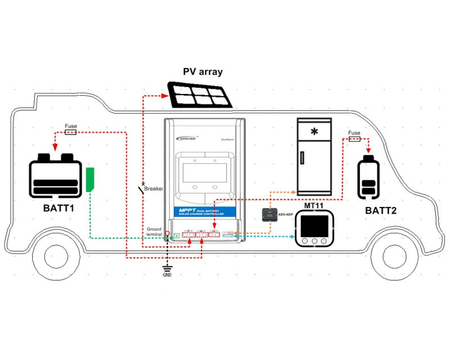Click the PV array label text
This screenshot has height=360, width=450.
coord(203,72)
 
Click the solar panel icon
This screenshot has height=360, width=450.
coord(200,94)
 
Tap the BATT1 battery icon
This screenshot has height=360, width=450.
coord(55,175)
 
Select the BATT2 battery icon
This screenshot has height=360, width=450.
coord(370,179)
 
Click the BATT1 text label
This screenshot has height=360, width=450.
coord(58,208)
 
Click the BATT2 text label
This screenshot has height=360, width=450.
coord(381,211)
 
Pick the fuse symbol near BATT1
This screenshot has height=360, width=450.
coord(71,132)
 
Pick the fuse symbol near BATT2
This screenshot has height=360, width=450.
coord(354,139)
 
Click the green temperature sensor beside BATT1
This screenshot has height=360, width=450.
coord(91,179)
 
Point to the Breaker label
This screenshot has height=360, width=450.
coord(154,188)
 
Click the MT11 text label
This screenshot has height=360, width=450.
coord(314,206)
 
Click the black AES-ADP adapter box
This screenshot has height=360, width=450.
coord(267,214)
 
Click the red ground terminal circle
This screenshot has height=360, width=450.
coord(167,233)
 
